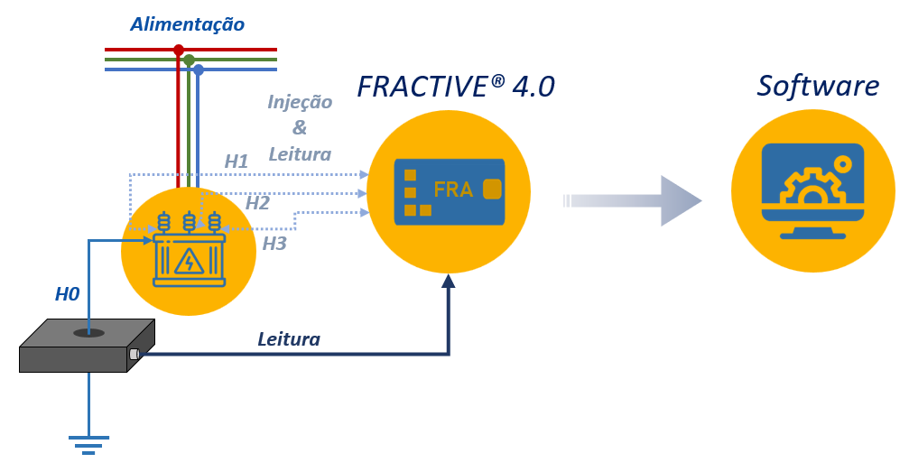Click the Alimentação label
(187, 24)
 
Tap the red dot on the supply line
(179, 49)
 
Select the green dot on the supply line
(189, 60)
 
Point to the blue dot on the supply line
(199, 69)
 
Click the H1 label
(237, 162)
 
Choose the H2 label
(257, 203)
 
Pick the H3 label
(274, 243)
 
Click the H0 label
(67, 293)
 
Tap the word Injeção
(300, 102)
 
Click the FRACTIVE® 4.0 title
(456, 87)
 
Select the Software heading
(818, 86)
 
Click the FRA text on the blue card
(453, 190)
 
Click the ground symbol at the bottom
(88, 444)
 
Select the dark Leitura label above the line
(289, 339)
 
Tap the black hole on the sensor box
(88, 333)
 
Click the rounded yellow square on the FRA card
(493, 190)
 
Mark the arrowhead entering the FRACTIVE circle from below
(449, 282)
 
